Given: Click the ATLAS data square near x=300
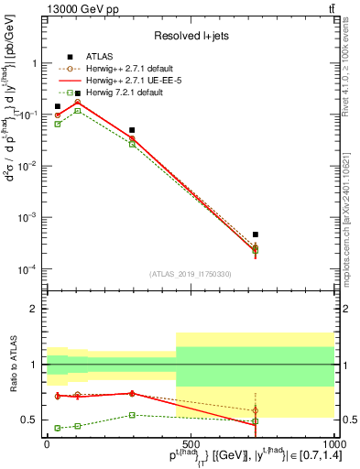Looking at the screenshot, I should coord(133,130).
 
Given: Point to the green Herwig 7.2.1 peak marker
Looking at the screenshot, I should coord(78,110).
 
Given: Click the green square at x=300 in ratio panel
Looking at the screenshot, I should coord(133,415).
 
